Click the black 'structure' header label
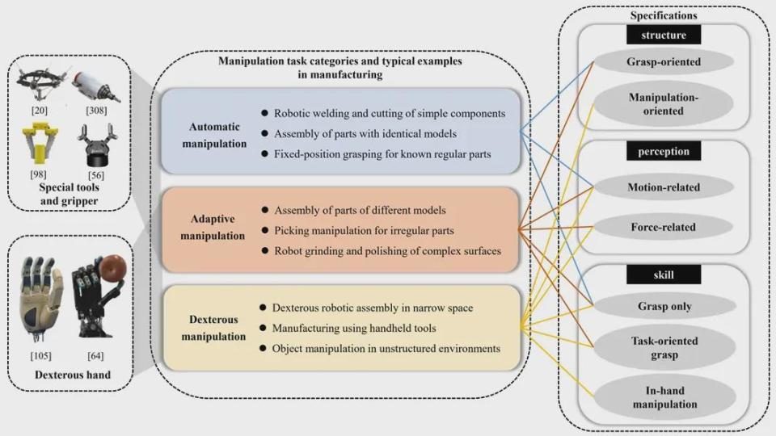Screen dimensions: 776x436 [x=663, y=35]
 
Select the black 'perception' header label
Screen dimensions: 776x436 [x=663, y=151]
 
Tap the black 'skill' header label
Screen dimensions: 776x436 [x=663, y=275]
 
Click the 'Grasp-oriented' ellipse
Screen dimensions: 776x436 [x=663, y=62]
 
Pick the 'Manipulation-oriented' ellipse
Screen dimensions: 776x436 [x=663, y=104]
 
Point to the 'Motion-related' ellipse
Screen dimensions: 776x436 [x=663, y=187]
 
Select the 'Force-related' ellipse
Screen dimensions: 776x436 [x=663, y=227]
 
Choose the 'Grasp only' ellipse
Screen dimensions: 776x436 [x=664, y=306]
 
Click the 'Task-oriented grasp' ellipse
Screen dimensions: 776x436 [x=664, y=347]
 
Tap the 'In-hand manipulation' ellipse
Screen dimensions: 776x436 [x=664, y=397]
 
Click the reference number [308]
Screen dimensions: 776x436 [x=96, y=111]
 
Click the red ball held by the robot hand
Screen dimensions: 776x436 [x=113, y=268]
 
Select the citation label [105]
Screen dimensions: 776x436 [x=40, y=355]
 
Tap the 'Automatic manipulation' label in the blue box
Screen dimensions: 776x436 [x=214, y=135]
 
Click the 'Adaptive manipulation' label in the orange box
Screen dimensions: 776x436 [x=213, y=227]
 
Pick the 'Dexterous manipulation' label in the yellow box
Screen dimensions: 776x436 [x=213, y=328]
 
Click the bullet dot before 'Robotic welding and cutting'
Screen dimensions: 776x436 [x=265, y=113]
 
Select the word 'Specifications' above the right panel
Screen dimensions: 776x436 [x=664, y=15]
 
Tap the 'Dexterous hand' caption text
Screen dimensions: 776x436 [x=73, y=375]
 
